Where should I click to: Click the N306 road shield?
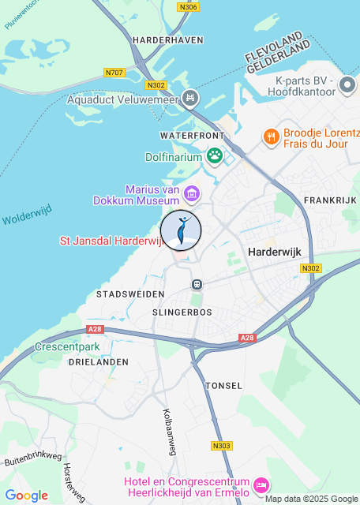click(189, 7)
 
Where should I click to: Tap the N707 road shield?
click(114, 73)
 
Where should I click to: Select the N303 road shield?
click(222, 446)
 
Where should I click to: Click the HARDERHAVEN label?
click(168, 39)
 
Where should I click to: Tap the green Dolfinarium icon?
click(215, 156)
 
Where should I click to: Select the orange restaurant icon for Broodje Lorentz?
click(271, 136)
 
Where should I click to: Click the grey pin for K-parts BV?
click(347, 84)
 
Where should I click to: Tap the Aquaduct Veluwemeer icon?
click(189, 99)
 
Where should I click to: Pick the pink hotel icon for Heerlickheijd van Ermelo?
click(261, 483)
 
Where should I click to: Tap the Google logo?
click(26, 496)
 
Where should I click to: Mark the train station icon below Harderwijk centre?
click(197, 283)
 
